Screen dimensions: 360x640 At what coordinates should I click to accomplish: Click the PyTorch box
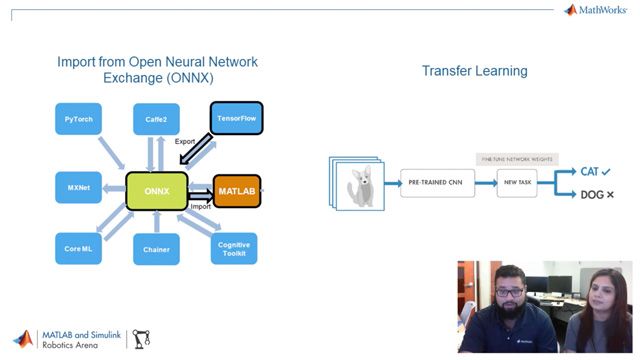pos(80,119)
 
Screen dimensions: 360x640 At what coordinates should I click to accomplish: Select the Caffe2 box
pos(156,119)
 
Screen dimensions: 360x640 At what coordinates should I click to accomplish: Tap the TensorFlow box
pos(236,118)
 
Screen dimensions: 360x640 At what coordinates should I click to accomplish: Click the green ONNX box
pos(156,190)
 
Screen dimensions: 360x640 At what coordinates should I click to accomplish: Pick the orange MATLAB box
pos(237,190)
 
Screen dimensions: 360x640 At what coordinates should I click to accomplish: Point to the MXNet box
pos(79,187)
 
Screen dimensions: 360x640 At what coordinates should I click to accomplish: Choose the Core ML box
pos(79,248)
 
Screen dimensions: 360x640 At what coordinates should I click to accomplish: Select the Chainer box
pos(156,249)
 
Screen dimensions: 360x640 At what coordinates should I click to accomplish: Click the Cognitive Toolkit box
pos(234,248)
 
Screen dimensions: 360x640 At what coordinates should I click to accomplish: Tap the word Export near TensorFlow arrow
pos(185,141)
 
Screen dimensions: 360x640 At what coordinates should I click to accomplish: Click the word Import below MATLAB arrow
pos(200,207)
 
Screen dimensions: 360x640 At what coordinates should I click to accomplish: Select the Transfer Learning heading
pos(474,71)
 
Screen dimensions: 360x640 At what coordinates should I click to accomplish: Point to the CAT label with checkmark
pos(596,172)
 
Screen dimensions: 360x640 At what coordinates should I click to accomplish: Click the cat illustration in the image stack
pos(360,186)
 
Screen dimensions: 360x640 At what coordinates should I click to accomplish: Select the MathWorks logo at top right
pos(598,10)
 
